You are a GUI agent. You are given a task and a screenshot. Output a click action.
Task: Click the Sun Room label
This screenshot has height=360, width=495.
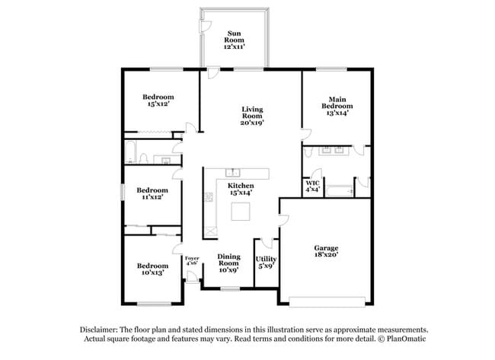click(x=234, y=40)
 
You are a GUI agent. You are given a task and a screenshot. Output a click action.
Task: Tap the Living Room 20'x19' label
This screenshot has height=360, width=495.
click(x=252, y=115)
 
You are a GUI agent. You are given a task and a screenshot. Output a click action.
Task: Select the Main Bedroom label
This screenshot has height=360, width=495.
click(x=337, y=105)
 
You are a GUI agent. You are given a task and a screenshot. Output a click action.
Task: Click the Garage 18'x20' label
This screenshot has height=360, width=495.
click(x=327, y=253)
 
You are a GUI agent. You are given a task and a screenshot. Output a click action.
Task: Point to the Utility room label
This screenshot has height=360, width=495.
click(x=266, y=263)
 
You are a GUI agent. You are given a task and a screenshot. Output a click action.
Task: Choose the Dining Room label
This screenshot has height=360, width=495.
click(x=229, y=263)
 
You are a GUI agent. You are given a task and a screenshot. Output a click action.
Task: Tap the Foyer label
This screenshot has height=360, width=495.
click(x=192, y=261)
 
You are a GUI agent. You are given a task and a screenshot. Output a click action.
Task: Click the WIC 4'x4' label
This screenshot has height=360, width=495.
click(x=312, y=186)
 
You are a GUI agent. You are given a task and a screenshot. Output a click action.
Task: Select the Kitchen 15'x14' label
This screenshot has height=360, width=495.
click(x=241, y=189)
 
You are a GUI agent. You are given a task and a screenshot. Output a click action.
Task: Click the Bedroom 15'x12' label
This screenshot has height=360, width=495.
click(x=158, y=100)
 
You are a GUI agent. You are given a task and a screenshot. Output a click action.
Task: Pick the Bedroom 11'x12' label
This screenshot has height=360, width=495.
click(x=152, y=193)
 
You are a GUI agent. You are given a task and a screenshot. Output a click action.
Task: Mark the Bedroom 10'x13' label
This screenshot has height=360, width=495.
click(x=152, y=269)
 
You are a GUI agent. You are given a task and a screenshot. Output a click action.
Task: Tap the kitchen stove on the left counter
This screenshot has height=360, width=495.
click(x=209, y=198)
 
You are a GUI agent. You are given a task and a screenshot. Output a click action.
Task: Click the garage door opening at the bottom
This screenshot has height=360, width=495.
click(x=328, y=298)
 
